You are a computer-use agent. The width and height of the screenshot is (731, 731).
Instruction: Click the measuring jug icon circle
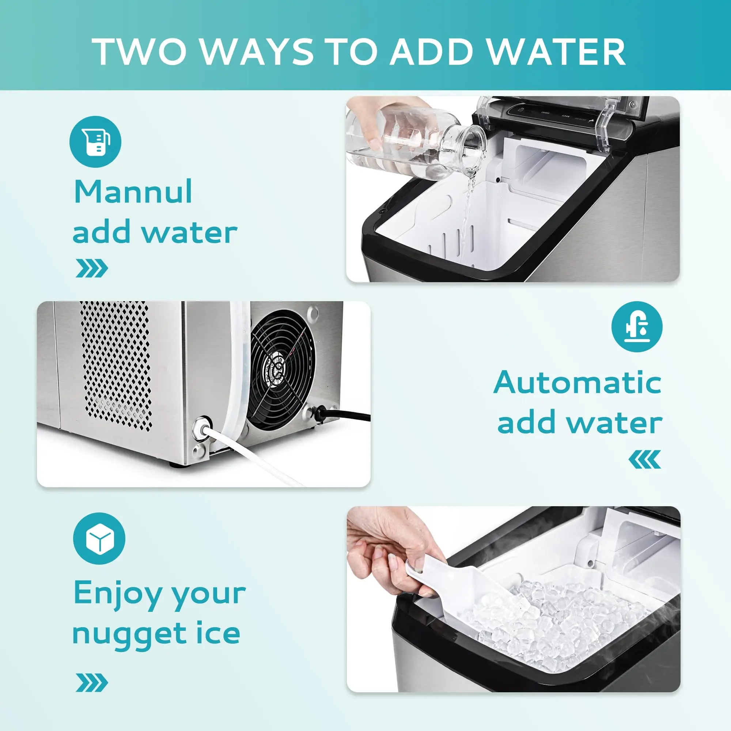point(95,142)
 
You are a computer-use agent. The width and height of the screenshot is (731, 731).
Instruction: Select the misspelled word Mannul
point(133,192)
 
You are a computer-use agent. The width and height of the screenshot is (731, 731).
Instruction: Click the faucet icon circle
point(637,326)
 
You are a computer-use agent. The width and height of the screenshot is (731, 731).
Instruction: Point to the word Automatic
point(577,383)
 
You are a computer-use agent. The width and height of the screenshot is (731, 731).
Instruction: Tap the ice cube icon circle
point(99,539)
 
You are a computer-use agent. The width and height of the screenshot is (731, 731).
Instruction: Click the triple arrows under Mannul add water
point(92,269)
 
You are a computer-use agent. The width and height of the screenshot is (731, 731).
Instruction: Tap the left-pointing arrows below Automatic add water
point(644,460)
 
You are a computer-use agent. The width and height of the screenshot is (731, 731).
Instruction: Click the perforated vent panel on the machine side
point(115,365)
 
